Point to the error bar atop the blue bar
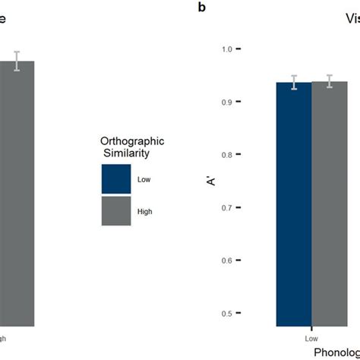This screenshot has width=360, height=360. click(294, 83)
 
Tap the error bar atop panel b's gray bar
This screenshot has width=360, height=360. click(330, 82)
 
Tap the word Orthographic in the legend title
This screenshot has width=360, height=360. click(132, 141)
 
